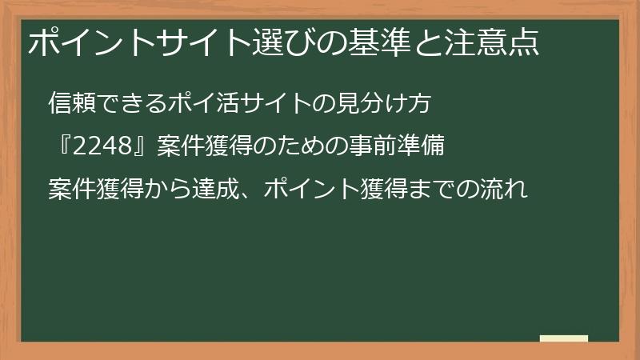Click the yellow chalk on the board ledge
[564, 338]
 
